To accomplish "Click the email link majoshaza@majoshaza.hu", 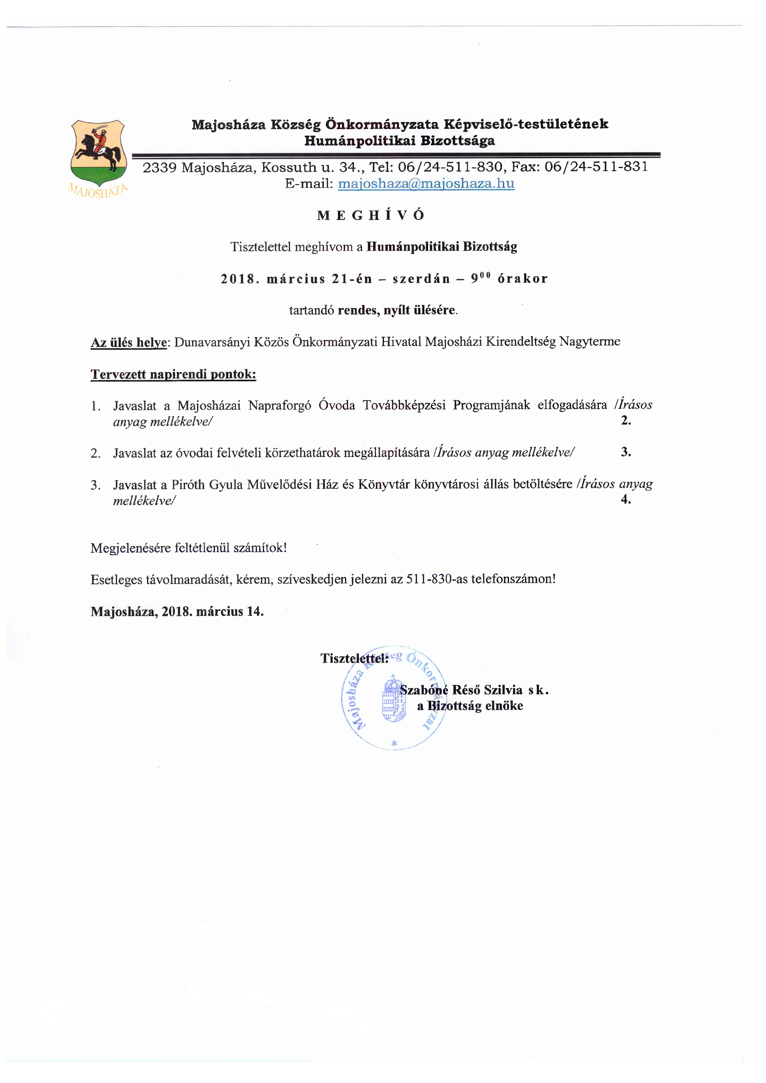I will click(x=426, y=184).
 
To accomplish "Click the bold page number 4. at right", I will click(x=625, y=499).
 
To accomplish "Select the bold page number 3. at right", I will click(x=625, y=452).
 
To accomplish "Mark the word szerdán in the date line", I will click(x=421, y=279).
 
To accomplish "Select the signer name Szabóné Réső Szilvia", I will click(x=461, y=690).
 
